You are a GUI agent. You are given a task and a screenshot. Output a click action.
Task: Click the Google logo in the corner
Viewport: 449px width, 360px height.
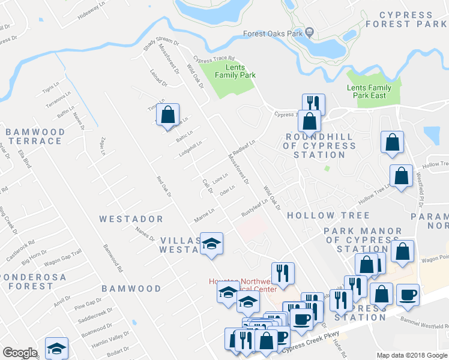pyautogui.click(x=20, y=353)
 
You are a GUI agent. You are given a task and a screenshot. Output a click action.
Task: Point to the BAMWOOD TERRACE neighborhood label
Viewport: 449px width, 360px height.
pyautogui.click(x=35, y=136)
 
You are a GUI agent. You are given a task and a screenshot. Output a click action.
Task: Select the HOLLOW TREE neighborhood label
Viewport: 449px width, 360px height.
pyautogui.click(x=328, y=215)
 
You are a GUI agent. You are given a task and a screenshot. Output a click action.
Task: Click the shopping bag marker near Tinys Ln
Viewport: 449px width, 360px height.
pyautogui.click(x=169, y=113)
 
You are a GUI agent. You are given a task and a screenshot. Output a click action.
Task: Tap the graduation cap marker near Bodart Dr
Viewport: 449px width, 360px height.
pyautogui.click(x=56, y=348)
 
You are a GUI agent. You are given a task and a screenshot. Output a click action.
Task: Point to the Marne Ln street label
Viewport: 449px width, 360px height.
pyautogui.click(x=204, y=214)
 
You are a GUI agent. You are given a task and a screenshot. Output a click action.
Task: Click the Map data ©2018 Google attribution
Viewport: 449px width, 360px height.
pyautogui.click(x=412, y=355)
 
